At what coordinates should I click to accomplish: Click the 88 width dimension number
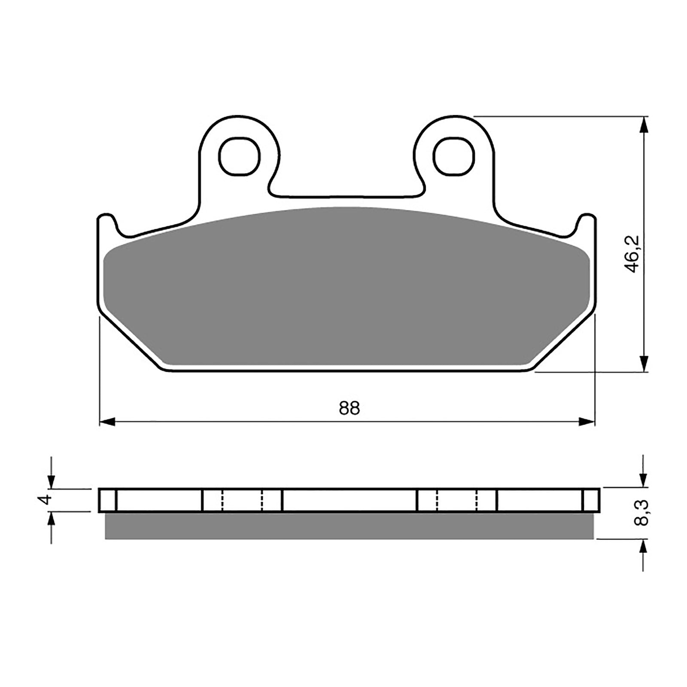coord(349,408)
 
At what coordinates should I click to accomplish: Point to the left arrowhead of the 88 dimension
coord(106,422)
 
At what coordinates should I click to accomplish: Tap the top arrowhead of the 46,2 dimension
coord(643,124)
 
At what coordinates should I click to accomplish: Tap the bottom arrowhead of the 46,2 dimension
coord(643,364)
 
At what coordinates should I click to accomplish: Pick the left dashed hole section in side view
coord(242,500)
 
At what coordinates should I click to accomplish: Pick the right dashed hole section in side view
coord(456,500)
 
